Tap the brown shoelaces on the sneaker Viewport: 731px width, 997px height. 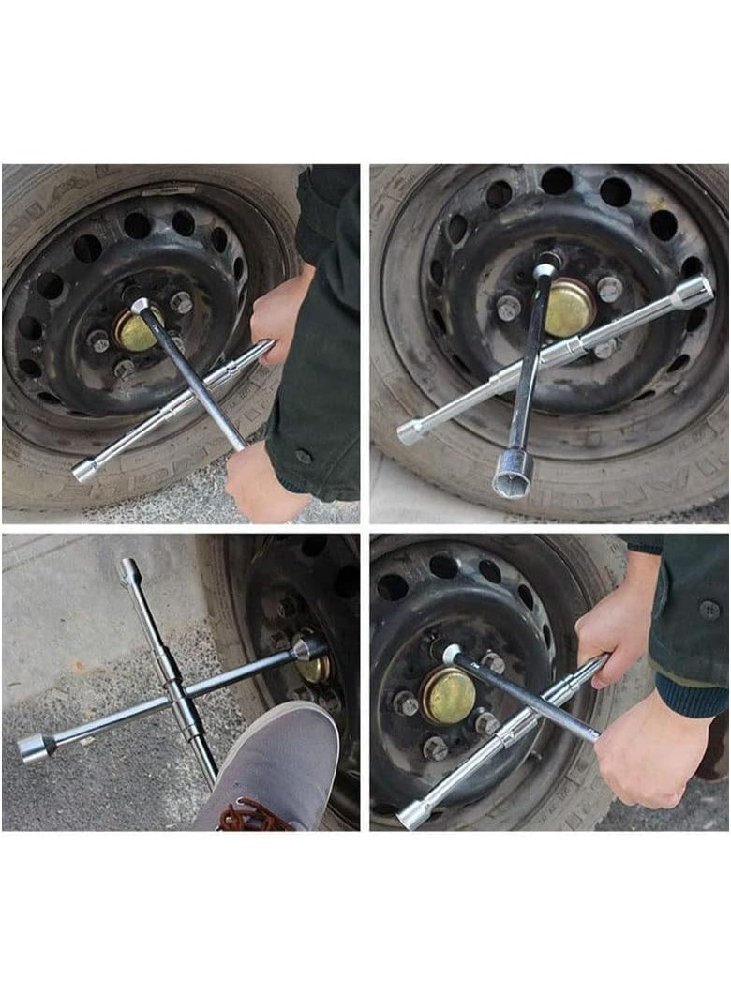pos(253,817)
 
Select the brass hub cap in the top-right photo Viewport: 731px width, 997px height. pos(569,307)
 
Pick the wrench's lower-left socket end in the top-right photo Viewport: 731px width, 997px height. pos(411,431)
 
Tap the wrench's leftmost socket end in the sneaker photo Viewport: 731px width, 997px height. pos(35,748)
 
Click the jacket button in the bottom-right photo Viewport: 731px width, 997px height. pos(709,609)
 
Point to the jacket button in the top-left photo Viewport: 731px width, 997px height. pos(302,457)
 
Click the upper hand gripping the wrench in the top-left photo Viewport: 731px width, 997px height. pos(277,314)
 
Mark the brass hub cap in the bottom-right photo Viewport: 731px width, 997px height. pos(449,696)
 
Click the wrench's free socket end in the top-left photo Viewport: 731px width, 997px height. pos(85,470)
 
